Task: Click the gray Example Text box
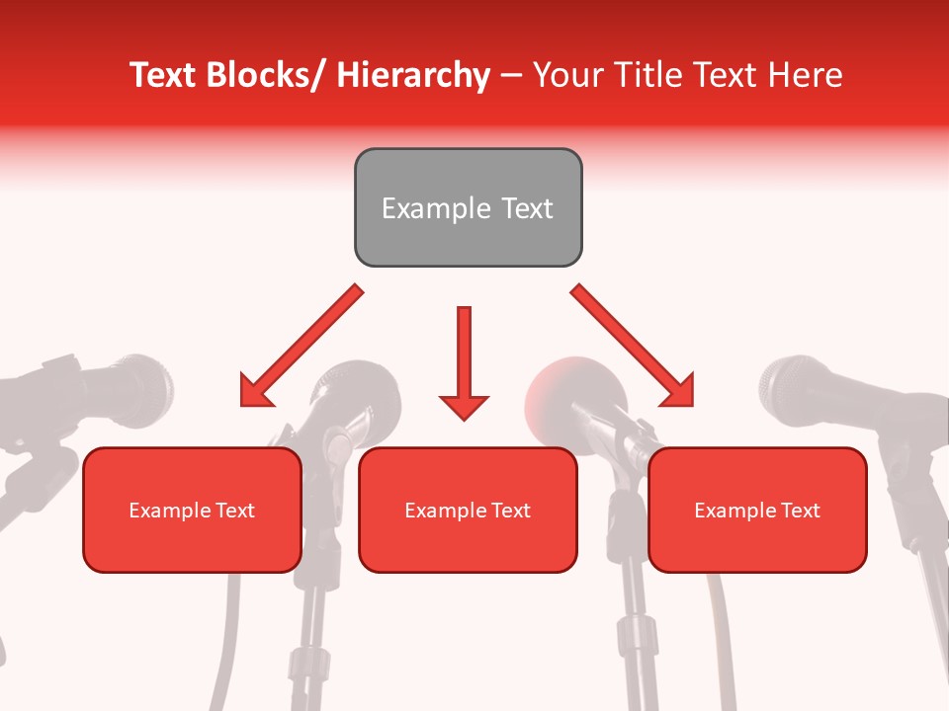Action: (x=468, y=207)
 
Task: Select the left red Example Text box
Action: (x=192, y=510)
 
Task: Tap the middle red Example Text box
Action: (x=468, y=510)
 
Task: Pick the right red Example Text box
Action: (x=757, y=510)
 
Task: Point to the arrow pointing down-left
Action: (x=302, y=346)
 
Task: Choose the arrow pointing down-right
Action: (x=633, y=346)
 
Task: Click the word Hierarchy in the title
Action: (x=413, y=75)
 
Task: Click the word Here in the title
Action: (x=805, y=75)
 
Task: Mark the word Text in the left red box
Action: (x=235, y=511)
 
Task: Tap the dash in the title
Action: (x=511, y=75)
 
